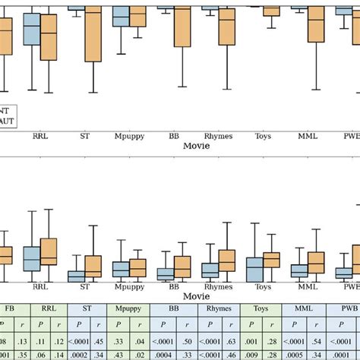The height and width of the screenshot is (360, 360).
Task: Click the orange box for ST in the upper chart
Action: tap(93, 34)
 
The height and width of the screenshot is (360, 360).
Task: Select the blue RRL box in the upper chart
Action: tap(31, 30)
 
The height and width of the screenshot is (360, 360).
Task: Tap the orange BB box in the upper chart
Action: tap(182, 27)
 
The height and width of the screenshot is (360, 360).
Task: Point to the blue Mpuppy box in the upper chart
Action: tap(120, 17)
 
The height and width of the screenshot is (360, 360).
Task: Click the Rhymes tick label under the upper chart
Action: tap(219, 137)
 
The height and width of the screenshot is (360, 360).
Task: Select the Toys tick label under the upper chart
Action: tap(263, 137)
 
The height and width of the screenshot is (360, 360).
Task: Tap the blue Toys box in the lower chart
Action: tap(254, 269)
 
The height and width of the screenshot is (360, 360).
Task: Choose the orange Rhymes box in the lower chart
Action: tap(227, 261)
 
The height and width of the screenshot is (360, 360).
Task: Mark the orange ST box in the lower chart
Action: tap(93, 266)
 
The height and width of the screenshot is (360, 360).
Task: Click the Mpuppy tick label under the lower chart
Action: tap(129, 287)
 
